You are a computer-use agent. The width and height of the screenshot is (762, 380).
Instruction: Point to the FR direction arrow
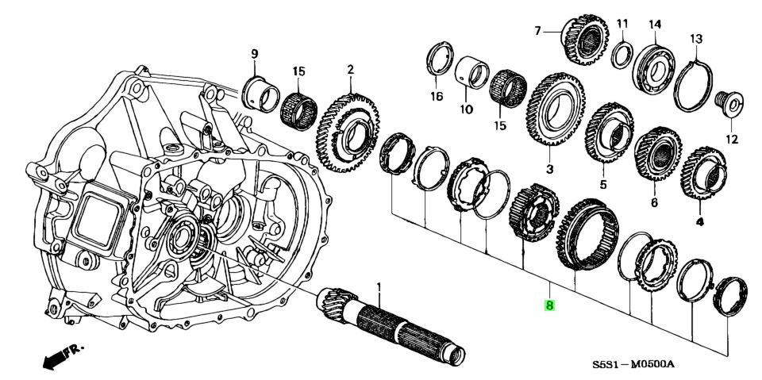(60, 356)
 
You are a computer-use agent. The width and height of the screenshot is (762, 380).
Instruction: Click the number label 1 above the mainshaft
(379, 286)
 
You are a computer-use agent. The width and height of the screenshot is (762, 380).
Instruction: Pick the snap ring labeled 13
(693, 83)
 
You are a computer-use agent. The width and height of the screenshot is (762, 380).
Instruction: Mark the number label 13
(695, 38)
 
